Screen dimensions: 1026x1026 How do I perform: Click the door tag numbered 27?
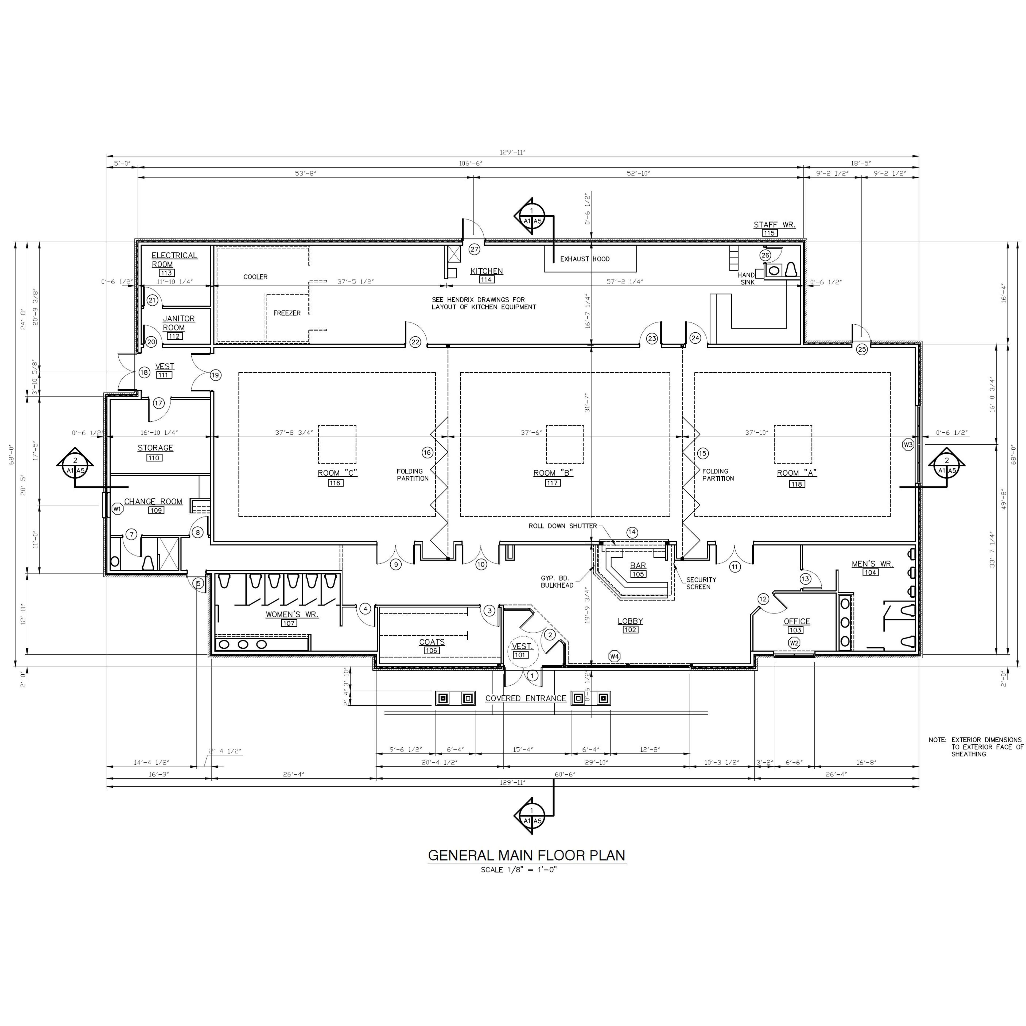tap(474, 249)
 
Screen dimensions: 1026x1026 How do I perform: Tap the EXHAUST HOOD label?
tap(585, 259)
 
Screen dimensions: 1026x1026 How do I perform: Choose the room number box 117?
tap(552, 483)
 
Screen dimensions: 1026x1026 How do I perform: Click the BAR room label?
tap(638, 566)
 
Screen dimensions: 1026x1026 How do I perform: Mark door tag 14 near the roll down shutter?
tap(631, 532)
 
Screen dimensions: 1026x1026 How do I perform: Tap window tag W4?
tap(615, 656)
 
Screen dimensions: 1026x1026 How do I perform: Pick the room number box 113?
tap(166, 273)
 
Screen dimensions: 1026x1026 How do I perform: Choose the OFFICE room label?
tap(796, 621)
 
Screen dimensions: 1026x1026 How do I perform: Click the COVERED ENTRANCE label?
tap(526, 698)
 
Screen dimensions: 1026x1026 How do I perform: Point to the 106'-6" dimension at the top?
tap(471, 164)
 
